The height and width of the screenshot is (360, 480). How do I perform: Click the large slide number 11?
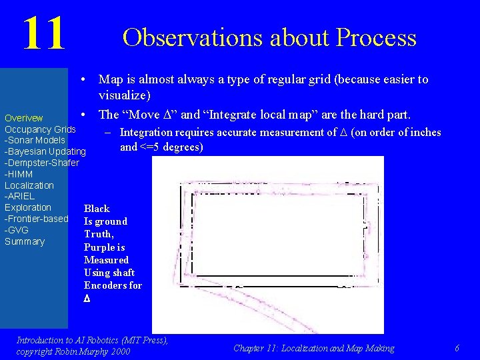tap(44, 33)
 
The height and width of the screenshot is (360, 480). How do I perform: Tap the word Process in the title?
tap(377, 37)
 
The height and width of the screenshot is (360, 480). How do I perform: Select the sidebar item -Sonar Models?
tap(35, 140)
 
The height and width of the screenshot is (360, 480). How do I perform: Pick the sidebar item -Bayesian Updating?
tap(45, 151)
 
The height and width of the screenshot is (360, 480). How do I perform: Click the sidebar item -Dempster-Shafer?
tap(42, 163)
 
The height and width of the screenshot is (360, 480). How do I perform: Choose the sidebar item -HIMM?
tap(19, 174)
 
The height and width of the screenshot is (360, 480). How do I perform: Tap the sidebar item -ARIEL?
tap(19, 196)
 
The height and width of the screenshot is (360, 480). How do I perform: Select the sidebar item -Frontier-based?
tap(37, 219)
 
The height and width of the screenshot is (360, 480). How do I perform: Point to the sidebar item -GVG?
tap(17, 230)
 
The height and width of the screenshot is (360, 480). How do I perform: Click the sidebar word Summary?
tap(25, 241)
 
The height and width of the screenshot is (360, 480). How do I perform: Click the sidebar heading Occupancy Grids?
tap(40, 129)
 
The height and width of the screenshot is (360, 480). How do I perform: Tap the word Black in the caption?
tap(97, 209)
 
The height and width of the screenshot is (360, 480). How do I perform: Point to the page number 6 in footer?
tap(457, 348)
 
